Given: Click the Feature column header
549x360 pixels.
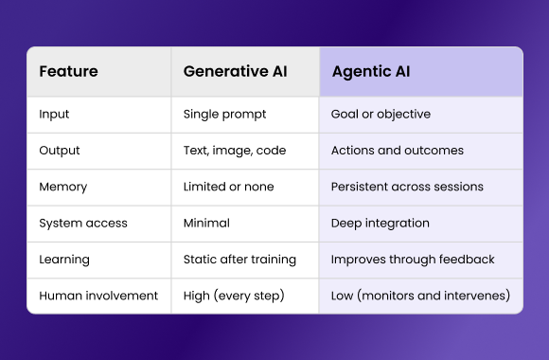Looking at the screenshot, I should pos(68,72).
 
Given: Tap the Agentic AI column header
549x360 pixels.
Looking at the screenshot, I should pos(371,72).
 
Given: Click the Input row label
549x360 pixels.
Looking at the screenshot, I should pos(54,115).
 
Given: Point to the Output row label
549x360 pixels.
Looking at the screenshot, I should pos(60,151).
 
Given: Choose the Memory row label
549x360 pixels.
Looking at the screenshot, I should pos(62,187).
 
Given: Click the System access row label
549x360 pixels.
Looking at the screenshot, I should pos(83,224).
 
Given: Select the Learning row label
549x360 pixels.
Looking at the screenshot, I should pos(65,260).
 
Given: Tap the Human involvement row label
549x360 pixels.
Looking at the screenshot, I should pos(98,296).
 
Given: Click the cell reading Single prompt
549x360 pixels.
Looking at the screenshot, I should pos(224,115).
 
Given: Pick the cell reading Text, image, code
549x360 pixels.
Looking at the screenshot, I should pos(235,151).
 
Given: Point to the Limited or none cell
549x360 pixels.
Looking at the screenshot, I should pos(228,187).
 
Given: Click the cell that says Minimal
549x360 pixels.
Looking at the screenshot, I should pos(206,224).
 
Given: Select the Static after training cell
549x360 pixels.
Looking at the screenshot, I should pos(239,260).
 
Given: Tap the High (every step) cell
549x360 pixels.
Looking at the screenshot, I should pos(234,296).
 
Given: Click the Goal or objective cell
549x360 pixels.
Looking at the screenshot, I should pos(381,115).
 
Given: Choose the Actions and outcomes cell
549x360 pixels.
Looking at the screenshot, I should pos(398,151).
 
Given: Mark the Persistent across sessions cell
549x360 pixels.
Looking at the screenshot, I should pos(408,187).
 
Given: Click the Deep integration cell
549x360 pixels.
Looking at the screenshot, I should pos(381,224).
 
